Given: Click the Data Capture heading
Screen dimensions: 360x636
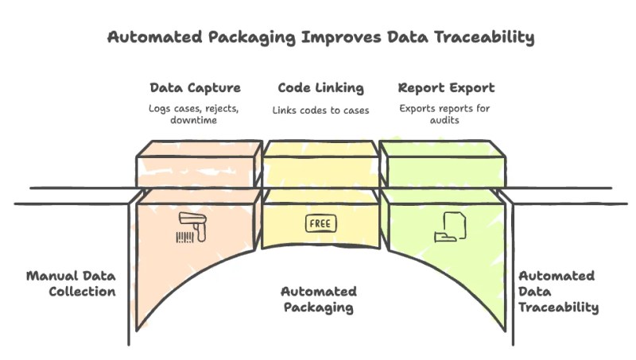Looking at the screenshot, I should click(x=195, y=87).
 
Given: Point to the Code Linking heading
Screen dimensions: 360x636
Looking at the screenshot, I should click(x=321, y=87).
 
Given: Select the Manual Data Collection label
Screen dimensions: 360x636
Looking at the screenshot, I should click(x=71, y=284).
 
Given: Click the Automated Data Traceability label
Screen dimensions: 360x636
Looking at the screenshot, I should click(x=558, y=291).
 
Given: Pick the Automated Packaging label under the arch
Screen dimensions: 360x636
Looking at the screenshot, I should click(x=319, y=299).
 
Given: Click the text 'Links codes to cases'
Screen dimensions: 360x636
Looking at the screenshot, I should click(x=321, y=110).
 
